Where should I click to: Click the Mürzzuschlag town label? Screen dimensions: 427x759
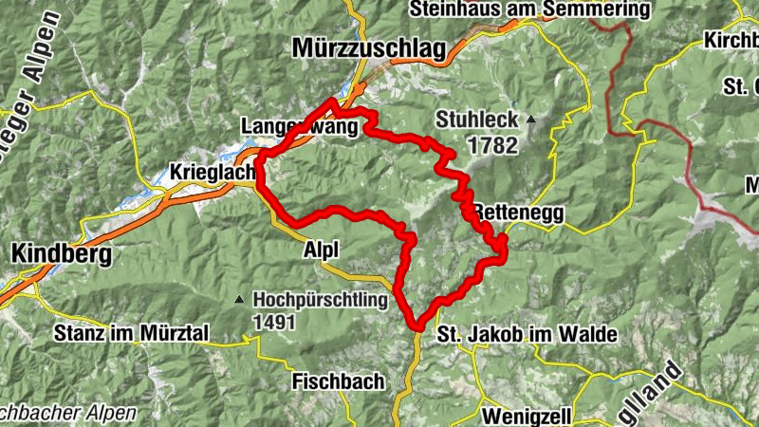click(x=369, y=49)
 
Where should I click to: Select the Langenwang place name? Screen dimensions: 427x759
click(x=295, y=126)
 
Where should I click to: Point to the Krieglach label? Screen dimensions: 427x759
click(x=211, y=172)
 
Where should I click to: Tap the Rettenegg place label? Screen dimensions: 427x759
click(x=519, y=213)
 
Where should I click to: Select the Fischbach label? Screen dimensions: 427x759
click(x=339, y=381)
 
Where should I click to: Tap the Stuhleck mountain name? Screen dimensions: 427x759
click(x=476, y=121)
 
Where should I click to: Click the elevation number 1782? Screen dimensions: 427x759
click(x=491, y=146)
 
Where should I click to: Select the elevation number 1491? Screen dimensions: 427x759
click(x=276, y=323)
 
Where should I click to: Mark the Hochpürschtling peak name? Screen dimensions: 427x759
click(x=321, y=301)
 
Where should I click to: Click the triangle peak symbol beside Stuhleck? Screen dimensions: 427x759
click(x=531, y=121)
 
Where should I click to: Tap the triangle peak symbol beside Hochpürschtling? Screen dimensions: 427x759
click(x=239, y=300)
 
